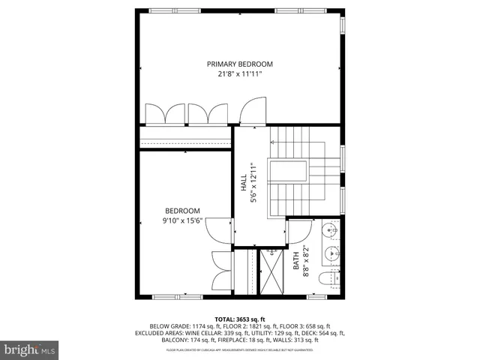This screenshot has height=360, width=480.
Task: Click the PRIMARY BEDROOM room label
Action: [x=240, y=64]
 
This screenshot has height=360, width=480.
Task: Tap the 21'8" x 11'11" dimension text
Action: [x=240, y=75]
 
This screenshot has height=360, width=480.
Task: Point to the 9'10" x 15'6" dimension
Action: [x=183, y=221]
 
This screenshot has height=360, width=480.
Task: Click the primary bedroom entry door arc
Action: [x=253, y=112]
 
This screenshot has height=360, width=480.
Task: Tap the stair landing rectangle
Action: [x=289, y=170]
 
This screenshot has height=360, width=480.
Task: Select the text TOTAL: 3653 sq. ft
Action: [x=240, y=319]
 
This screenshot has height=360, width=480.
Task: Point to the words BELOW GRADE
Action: [x=169, y=325]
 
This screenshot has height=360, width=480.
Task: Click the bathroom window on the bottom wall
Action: [x=316, y=297]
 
